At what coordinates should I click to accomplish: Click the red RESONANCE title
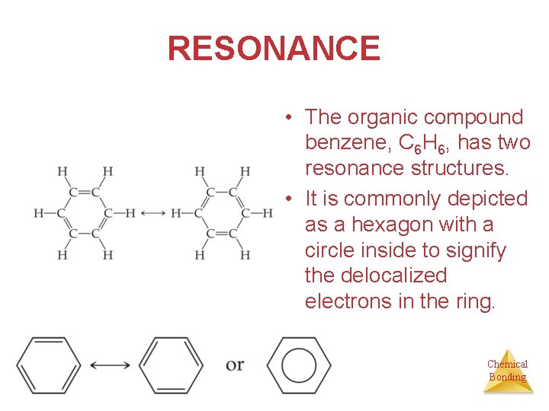[273, 49]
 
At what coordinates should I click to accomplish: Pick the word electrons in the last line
[348, 301]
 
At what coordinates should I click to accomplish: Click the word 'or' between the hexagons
[235, 365]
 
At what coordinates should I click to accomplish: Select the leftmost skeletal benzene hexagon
[49, 366]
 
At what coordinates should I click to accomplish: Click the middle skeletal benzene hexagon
[171, 366]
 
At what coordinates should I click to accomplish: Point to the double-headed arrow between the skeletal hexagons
[110, 366]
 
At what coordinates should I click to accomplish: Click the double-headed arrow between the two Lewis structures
[152, 213]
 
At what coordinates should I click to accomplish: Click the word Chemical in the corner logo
[507, 364]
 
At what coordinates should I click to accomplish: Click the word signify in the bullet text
[477, 250]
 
